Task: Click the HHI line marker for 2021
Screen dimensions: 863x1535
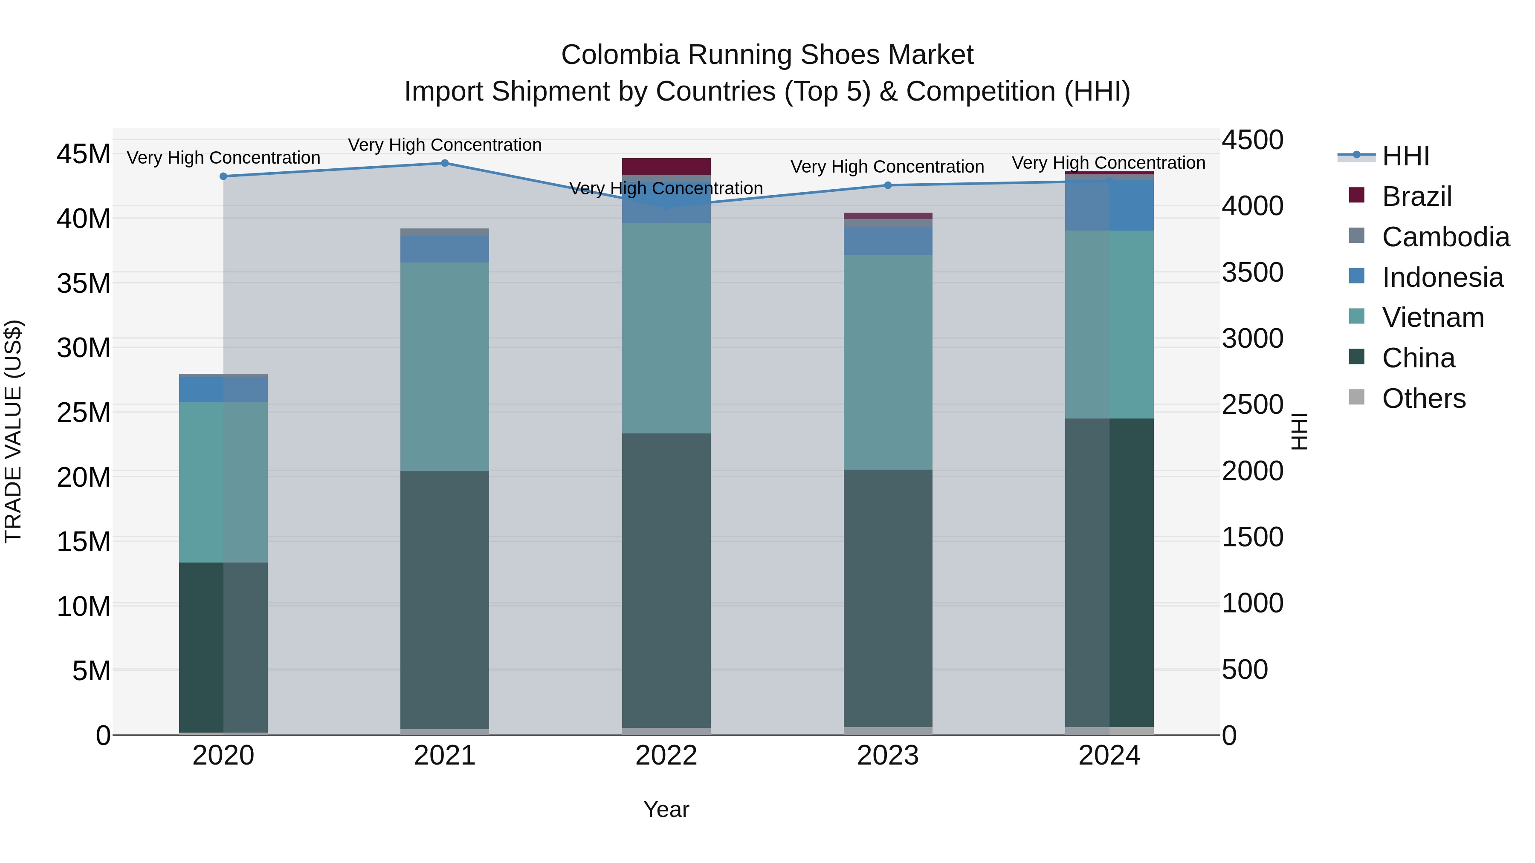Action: pyautogui.click(x=445, y=163)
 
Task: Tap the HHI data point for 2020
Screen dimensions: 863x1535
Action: pyautogui.click(x=223, y=176)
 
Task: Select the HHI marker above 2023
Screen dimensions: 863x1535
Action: pyautogui.click(x=888, y=185)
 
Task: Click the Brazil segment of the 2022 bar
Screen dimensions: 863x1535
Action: pyautogui.click(x=666, y=166)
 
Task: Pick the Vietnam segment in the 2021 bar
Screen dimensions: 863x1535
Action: pyautogui.click(x=445, y=366)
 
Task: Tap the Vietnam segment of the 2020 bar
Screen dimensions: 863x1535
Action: pyautogui.click(x=223, y=482)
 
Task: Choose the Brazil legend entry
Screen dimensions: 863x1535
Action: pyautogui.click(x=1416, y=196)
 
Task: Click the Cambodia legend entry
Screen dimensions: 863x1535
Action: pyautogui.click(x=1445, y=237)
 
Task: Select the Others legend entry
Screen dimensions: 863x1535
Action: pyautogui.click(x=1423, y=398)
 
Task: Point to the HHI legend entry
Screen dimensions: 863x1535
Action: pyautogui.click(x=1405, y=156)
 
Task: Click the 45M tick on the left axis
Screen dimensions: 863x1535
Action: pyautogui.click(x=84, y=154)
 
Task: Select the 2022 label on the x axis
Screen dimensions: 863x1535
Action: pyautogui.click(x=666, y=756)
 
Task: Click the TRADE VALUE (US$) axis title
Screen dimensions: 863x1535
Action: pyautogui.click(x=13, y=431)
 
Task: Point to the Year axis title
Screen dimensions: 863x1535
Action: pyautogui.click(x=666, y=809)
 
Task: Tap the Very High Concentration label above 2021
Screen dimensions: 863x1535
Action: pyautogui.click(x=445, y=145)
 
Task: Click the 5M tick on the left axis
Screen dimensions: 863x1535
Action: pyautogui.click(x=91, y=671)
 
